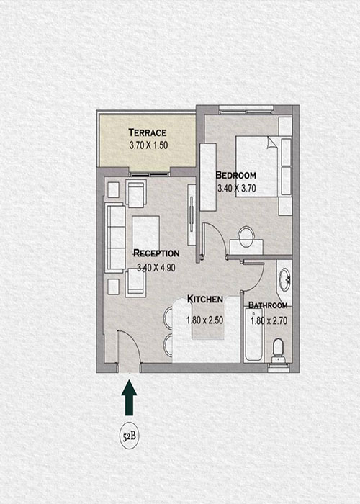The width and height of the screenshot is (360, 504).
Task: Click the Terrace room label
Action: pyautogui.click(x=148, y=132)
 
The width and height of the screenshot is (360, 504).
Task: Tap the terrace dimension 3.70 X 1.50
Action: pyautogui.click(x=148, y=145)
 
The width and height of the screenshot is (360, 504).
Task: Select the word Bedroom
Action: pyautogui.click(x=236, y=175)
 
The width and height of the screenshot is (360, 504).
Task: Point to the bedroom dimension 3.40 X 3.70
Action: pyautogui.click(x=237, y=188)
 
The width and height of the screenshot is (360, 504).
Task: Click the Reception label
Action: pyautogui.click(x=156, y=253)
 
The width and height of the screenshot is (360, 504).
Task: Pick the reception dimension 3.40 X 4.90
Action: pyautogui.click(x=156, y=267)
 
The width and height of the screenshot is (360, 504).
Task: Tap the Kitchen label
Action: pyautogui.click(x=205, y=299)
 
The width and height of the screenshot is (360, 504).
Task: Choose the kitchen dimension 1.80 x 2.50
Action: pyautogui.click(x=204, y=320)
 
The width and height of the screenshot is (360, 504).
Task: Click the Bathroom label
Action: pyautogui.click(x=268, y=305)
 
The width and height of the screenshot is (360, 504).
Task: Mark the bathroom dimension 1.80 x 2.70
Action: pyautogui.click(x=269, y=320)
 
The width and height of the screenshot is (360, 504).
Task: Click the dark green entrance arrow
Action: pyautogui.click(x=129, y=397)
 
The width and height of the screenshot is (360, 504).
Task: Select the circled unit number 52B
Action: pyautogui.click(x=129, y=436)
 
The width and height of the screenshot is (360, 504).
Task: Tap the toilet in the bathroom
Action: pyautogui.click(x=278, y=351)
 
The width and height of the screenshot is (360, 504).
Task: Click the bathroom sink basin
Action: pyautogui.click(x=284, y=279)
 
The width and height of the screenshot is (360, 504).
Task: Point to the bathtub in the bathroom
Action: pyautogui.click(x=253, y=335)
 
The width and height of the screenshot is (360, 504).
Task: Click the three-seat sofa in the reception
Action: pyautogui.click(x=115, y=238)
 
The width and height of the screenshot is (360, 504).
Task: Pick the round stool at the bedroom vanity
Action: pyautogui.click(x=246, y=236)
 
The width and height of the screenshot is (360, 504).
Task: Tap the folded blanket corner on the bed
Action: pyautogui.click(x=271, y=143)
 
